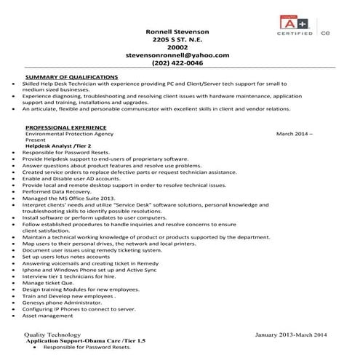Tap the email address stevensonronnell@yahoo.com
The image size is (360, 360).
click(x=177, y=55)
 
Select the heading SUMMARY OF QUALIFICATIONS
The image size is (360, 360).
click(x=71, y=76)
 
